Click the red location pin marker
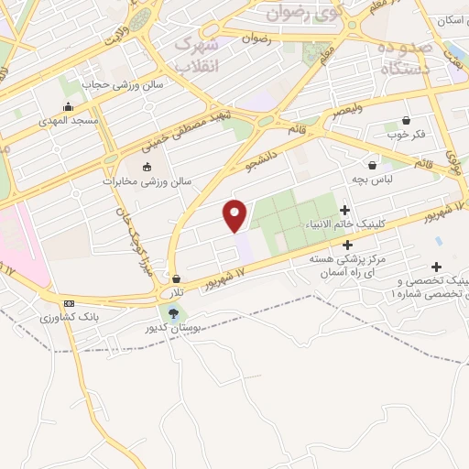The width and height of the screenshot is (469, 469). point(235,215)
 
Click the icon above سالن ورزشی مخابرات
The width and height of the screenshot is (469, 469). point(147,166)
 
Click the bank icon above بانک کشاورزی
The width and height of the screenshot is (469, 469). point(68,303)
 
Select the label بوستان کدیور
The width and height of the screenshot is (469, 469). point(166,327)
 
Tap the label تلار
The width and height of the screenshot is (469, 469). point(174,293)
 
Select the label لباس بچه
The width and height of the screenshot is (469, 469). point(375,180)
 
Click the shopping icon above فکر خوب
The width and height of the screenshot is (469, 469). point(406,120)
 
